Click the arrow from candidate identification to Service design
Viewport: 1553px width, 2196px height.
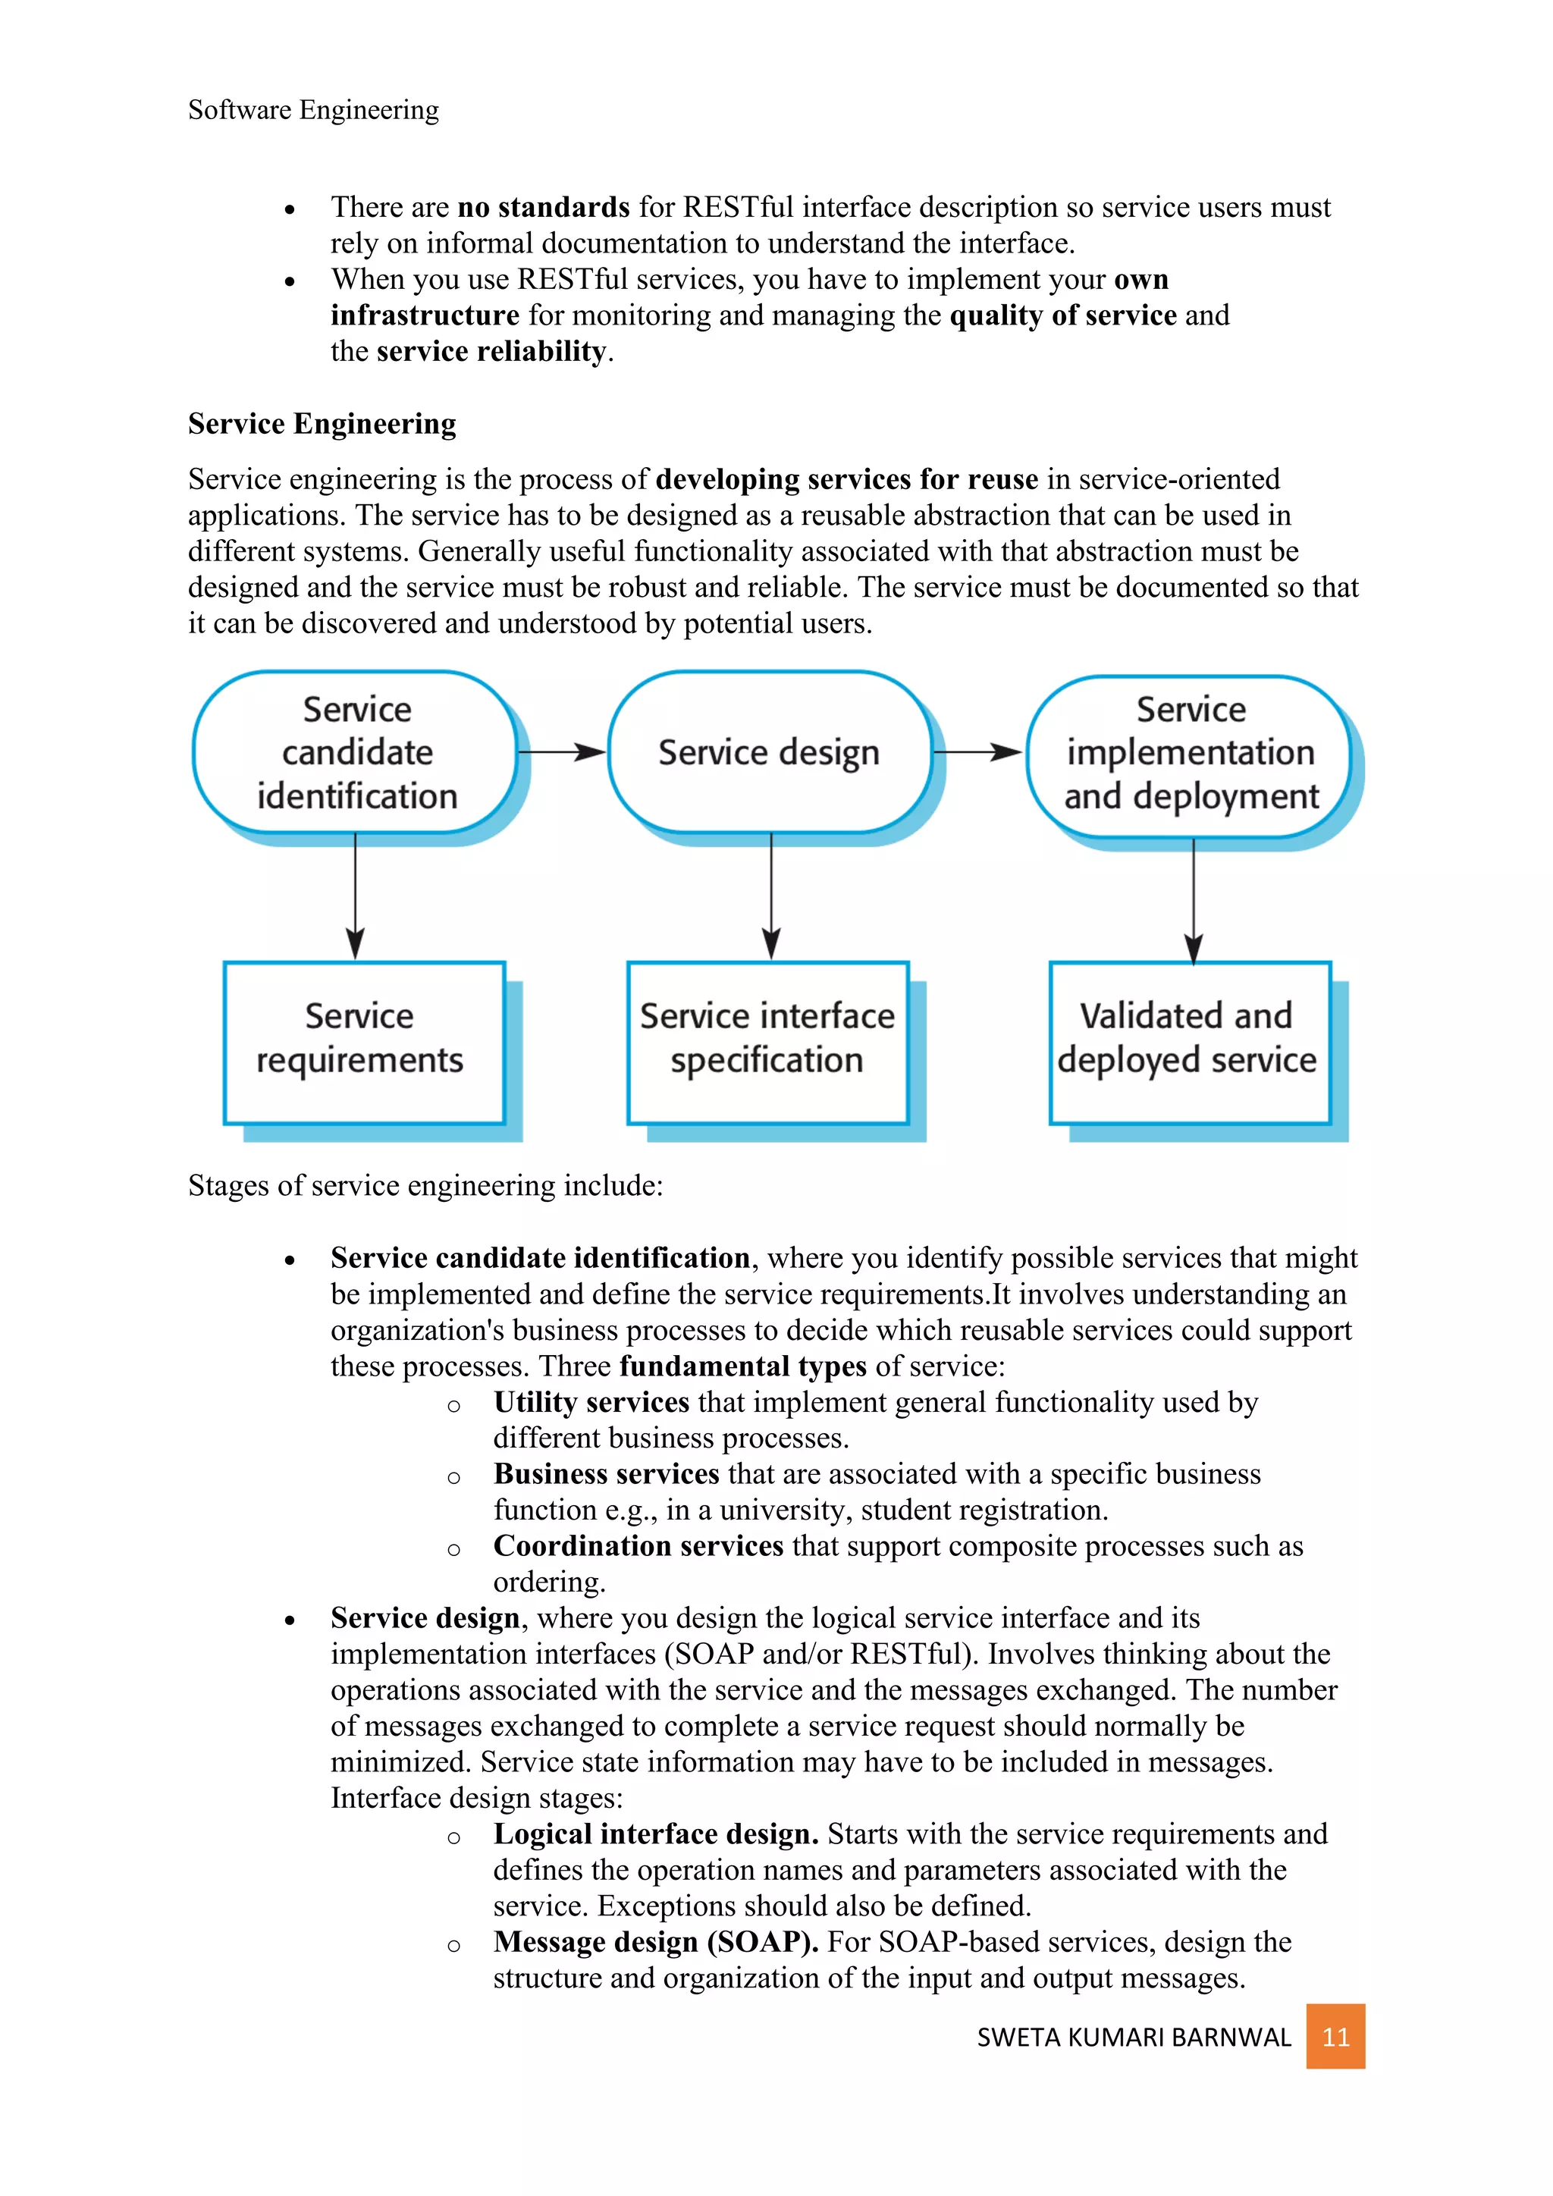563,753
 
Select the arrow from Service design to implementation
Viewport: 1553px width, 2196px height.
978,753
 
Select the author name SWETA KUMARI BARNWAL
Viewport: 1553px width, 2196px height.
1133,2038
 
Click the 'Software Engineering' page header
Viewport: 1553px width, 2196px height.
314,110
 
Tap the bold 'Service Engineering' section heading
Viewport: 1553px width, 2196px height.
322,424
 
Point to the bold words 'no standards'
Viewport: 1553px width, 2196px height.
543,208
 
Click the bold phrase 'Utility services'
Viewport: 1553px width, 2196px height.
591,1402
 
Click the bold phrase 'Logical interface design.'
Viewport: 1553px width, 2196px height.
656,1834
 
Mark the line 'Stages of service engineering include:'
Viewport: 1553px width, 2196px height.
425,1186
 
